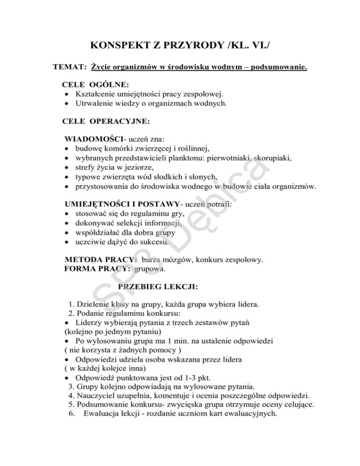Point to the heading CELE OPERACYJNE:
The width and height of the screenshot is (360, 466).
[x=106, y=121]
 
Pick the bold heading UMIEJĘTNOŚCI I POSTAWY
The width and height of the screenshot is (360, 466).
[x=121, y=204]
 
